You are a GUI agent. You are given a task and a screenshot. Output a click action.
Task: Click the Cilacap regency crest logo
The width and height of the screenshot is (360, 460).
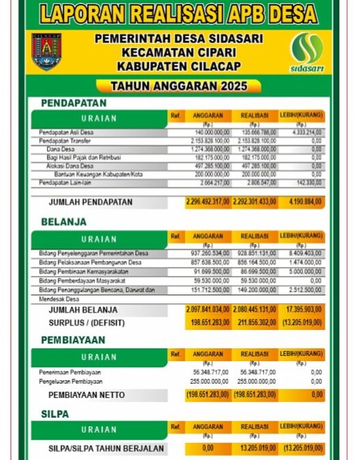coord(46,52)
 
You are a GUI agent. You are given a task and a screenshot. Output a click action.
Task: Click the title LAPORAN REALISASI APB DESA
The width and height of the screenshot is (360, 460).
coord(178,14)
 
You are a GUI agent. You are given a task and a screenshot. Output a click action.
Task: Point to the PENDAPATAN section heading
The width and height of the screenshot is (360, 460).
coord(74,103)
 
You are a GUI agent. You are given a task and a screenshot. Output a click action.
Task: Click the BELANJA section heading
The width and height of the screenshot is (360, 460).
coord(63,221)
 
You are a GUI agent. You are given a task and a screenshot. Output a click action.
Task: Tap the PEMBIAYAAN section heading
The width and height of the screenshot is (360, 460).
coord(73,339)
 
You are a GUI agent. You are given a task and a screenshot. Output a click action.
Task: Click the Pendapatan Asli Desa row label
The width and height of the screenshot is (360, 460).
coord(66,132)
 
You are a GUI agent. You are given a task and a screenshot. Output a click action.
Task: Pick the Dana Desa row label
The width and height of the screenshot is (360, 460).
coord(61,149)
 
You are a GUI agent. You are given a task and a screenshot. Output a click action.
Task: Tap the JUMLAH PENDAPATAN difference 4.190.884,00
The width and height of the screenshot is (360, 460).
coord(301,202)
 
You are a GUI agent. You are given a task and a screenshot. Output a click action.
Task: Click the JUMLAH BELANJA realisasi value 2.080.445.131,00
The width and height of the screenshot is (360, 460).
coord(254,309)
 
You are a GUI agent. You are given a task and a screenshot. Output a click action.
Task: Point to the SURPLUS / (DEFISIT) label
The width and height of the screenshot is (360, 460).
coord(87,322)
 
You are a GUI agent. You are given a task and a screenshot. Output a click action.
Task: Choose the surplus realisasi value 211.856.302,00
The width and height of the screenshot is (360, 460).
coord(254,322)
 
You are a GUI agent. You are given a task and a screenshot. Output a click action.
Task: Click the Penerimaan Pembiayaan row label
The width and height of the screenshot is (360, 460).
coord(70,373)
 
